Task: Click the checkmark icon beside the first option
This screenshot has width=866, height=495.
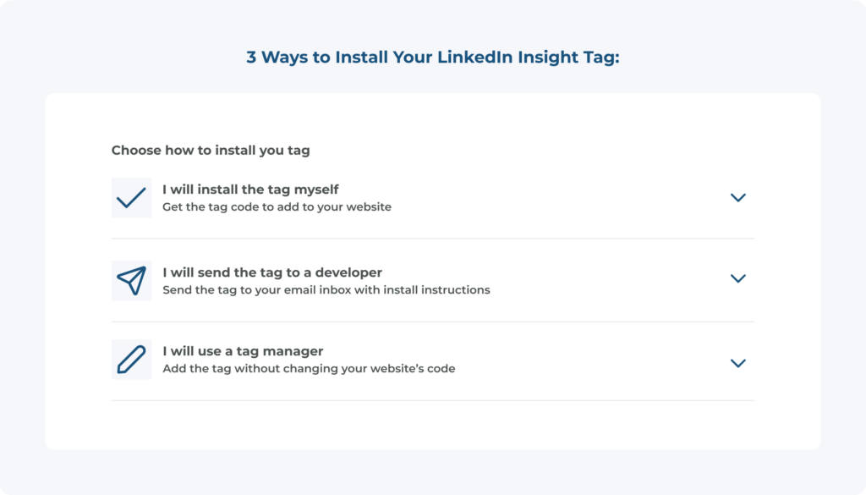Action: (131, 198)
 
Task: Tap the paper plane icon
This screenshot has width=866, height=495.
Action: (131, 281)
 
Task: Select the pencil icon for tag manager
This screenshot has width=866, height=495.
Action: (131, 360)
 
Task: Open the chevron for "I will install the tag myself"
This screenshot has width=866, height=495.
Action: (737, 198)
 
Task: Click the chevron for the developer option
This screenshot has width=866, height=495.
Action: (737, 278)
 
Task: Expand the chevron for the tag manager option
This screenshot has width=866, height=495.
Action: (737, 363)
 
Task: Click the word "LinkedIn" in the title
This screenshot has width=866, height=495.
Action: (474, 57)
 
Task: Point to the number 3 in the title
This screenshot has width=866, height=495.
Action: (251, 57)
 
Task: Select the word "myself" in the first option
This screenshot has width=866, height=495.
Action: (316, 190)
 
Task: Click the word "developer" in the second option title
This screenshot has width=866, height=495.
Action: (348, 273)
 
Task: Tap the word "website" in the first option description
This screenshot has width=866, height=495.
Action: (369, 206)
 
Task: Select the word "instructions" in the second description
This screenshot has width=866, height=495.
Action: (456, 290)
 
